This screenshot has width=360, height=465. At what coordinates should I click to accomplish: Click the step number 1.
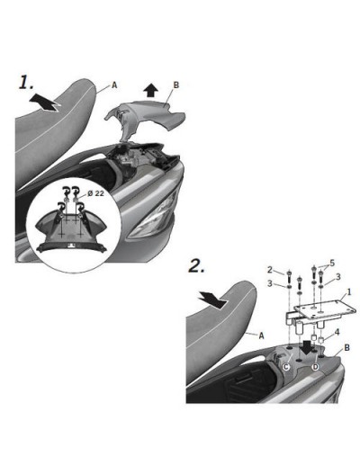pyautogui.click(x=25, y=83)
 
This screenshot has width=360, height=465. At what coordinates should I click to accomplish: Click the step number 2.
pyautogui.click(x=197, y=265)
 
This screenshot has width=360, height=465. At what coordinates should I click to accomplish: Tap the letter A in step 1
pyautogui.click(x=114, y=85)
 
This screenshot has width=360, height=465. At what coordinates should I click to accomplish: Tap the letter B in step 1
pyautogui.click(x=176, y=85)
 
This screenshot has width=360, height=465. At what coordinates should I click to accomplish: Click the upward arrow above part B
pyautogui.click(x=150, y=90)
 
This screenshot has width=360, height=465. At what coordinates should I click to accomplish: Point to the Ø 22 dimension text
pyautogui.click(x=95, y=193)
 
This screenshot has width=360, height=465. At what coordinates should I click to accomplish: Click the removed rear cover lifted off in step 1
pyautogui.click(x=145, y=120)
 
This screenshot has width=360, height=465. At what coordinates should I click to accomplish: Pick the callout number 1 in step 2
pyautogui.click(x=348, y=291)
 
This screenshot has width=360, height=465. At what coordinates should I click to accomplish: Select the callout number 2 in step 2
pyautogui.click(x=270, y=270)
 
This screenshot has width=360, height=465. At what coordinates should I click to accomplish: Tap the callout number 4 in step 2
pyautogui.click(x=337, y=332)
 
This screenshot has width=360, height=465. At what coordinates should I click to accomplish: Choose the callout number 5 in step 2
pyautogui.click(x=332, y=263)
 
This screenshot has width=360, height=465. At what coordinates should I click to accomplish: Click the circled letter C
pyautogui.click(x=286, y=366)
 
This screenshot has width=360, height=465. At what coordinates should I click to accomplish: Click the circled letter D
pyautogui.click(x=315, y=366)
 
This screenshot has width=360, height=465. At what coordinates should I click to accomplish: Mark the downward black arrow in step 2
pyautogui.click(x=306, y=347)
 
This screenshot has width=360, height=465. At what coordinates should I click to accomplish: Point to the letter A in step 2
pyautogui.click(x=261, y=335)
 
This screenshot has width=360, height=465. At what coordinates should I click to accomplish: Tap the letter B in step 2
pyautogui.click(x=346, y=348)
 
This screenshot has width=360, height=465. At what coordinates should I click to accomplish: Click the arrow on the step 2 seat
pyautogui.click(x=212, y=300)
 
